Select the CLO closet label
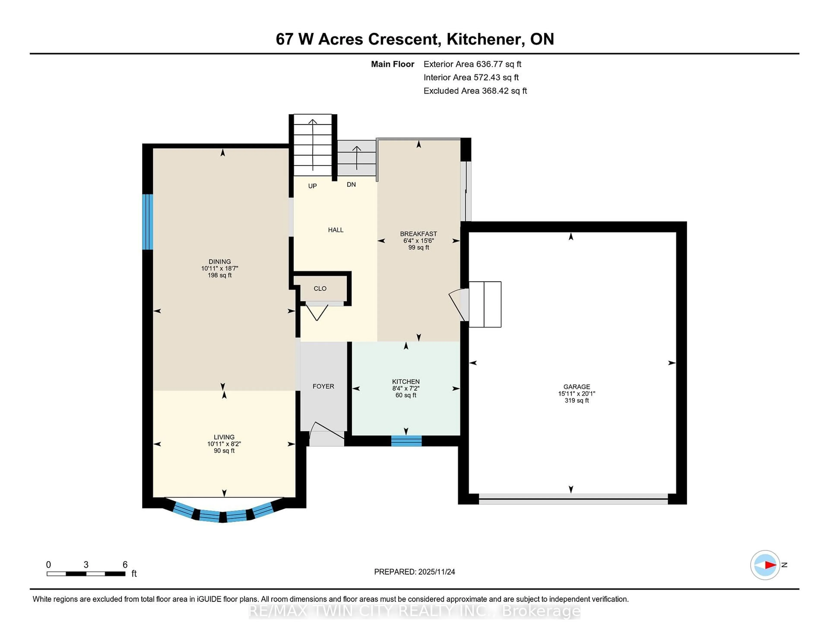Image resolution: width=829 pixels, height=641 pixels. click(x=320, y=289)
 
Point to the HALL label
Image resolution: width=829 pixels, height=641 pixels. click(x=335, y=230)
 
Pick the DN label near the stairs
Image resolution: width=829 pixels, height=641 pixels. click(x=351, y=185)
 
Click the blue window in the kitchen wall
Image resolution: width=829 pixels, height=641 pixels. click(x=406, y=441)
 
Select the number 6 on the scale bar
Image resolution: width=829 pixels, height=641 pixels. click(x=125, y=565)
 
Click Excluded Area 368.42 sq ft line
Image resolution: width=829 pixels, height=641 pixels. click(x=475, y=91)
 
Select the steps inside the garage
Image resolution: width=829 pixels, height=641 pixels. click(x=485, y=304)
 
